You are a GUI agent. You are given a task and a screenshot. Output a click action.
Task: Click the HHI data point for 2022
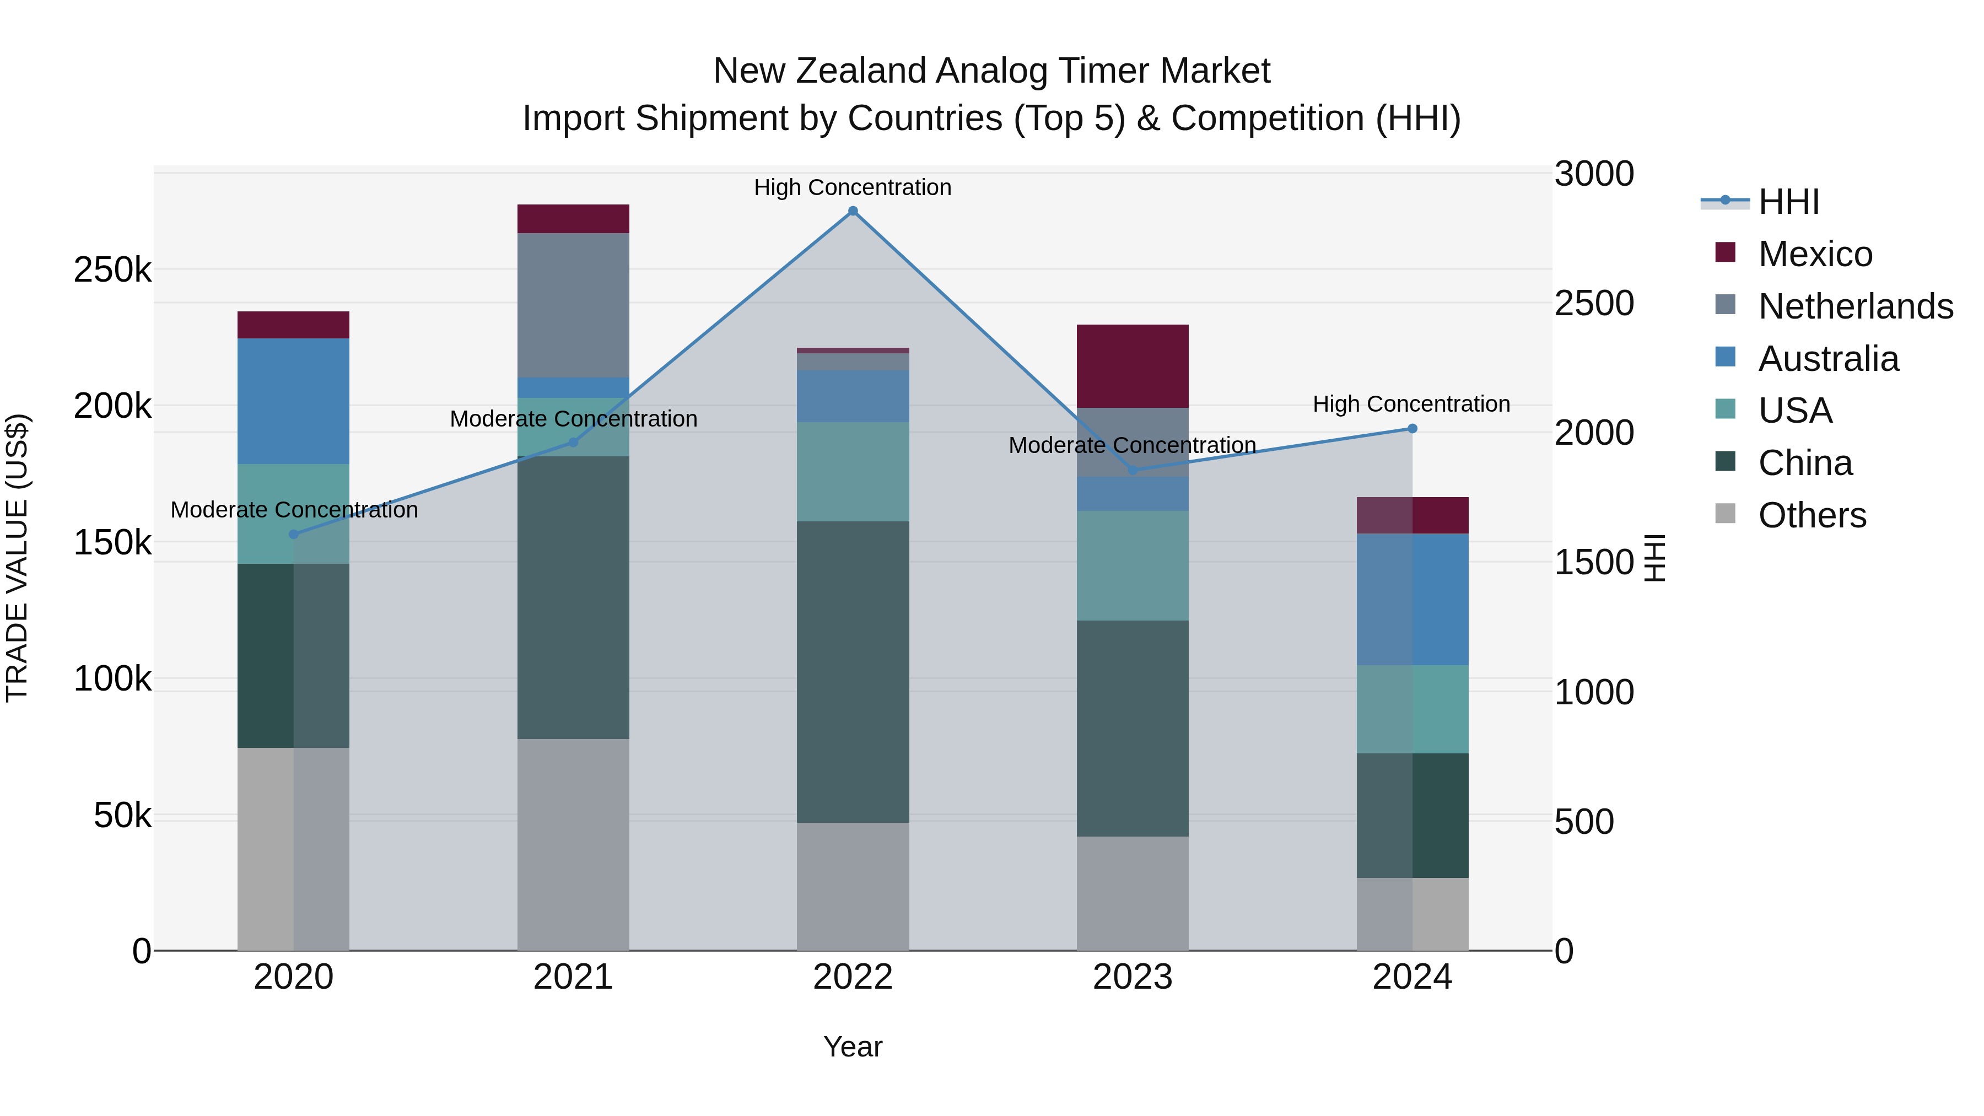tap(853, 211)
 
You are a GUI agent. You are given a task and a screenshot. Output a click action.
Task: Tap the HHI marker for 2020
tap(293, 533)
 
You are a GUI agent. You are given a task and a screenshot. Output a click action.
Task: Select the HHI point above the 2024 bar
tap(1412, 428)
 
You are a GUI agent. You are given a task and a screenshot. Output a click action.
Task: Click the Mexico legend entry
tap(1815, 254)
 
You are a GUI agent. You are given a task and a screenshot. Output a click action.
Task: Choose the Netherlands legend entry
tap(1854, 306)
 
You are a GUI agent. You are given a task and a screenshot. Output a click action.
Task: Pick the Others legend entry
tap(1812, 515)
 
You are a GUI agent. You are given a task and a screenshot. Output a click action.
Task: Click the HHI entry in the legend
tap(1788, 202)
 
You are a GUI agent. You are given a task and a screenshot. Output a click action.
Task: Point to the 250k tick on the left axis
tap(112, 271)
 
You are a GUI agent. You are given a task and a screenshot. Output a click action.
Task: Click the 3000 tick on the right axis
tap(1593, 174)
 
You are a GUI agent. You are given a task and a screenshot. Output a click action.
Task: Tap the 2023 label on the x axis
tap(1132, 977)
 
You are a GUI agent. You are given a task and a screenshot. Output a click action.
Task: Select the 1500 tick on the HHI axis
tap(1593, 562)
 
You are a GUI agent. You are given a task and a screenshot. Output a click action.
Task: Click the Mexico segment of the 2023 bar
tap(1132, 366)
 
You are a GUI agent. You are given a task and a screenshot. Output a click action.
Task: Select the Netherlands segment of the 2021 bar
tap(573, 305)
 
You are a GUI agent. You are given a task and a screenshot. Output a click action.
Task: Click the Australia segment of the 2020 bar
tap(293, 401)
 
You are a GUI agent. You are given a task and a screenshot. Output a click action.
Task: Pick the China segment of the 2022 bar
tap(853, 672)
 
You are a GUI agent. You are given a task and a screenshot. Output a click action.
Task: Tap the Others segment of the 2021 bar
tap(573, 844)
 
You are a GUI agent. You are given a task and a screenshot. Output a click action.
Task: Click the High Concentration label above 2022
tap(853, 187)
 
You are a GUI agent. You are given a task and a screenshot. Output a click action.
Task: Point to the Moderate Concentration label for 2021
tap(573, 419)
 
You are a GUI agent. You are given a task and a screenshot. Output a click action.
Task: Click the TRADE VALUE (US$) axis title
tap(17, 558)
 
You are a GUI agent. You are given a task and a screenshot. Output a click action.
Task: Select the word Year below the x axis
tap(853, 1047)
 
